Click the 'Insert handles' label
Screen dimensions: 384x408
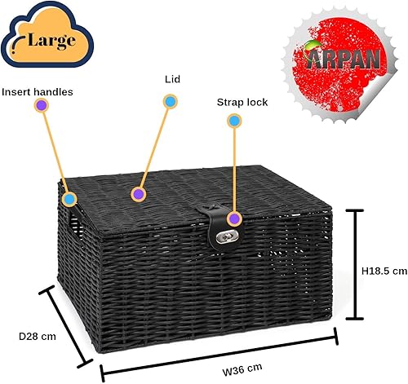pyautogui.click(x=38, y=92)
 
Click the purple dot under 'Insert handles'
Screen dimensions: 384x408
pyautogui.click(x=42, y=105)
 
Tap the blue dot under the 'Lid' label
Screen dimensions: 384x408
pyautogui.click(x=170, y=101)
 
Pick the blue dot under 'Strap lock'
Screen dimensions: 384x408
pyautogui.click(x=234, y=121)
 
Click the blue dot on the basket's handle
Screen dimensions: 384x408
pyautogui.click(x=70, y=199)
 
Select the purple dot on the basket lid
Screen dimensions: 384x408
pyautogui.click(x=138, y=194)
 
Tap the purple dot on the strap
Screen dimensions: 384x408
pyautogui.click(x=234, y=218)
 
